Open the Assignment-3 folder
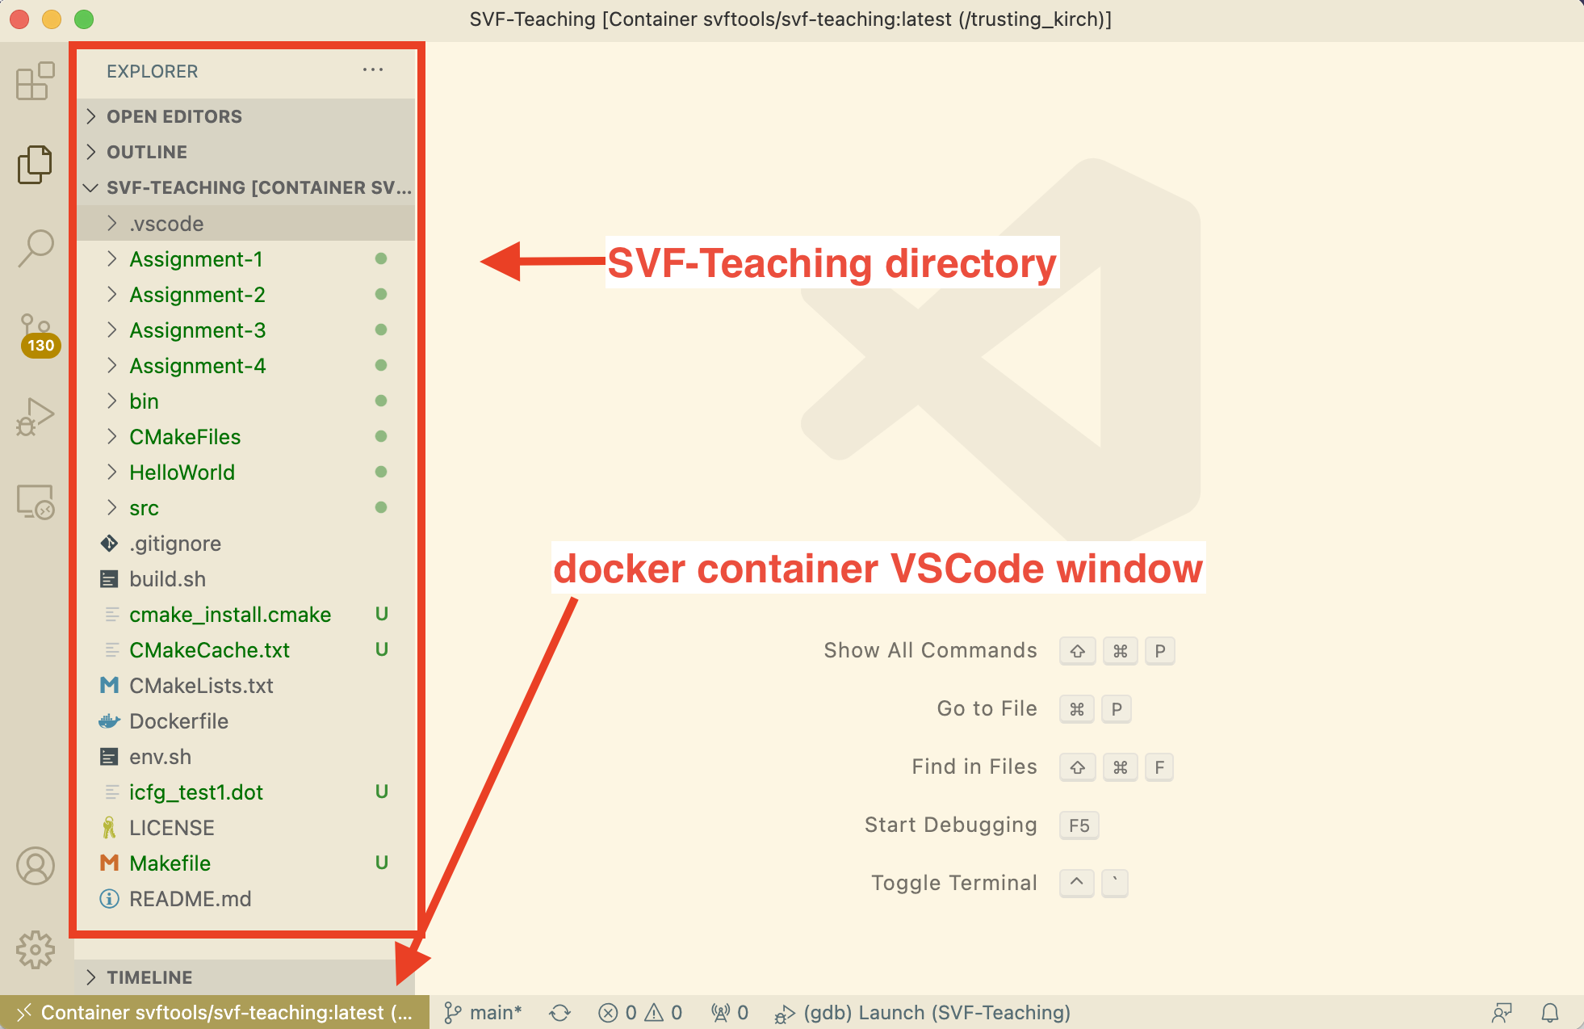[197, 330]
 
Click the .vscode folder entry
[166, 224]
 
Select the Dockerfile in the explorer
[178, 721]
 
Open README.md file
[190, 899]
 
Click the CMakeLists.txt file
[201, 686]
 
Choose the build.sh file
[167, 579]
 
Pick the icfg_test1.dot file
[196, 792]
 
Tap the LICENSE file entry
[172, 828]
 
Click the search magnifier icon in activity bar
[36, 248]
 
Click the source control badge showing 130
[40, 346]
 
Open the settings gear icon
[36, 949]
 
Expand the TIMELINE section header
[149, 977]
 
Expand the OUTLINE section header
[147, 152]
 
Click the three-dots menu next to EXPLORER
[373, 70]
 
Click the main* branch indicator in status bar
[484, 1013]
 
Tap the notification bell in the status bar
[1550, 1013]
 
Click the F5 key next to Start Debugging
[1079, 825]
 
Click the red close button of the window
[19, 19]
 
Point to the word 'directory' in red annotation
[970, 263]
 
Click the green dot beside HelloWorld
[381, 472]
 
